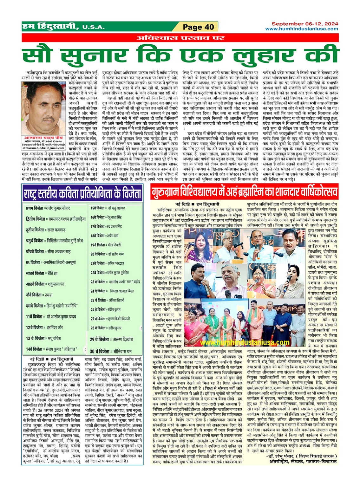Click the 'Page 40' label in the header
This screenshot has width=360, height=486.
click(199, 27)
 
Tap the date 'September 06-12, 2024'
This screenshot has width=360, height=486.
click(304, 24)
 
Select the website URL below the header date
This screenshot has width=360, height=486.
click(302, 29)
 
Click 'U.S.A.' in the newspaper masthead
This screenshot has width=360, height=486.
click(93, 27)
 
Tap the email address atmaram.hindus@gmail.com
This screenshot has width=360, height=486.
click(43, 148)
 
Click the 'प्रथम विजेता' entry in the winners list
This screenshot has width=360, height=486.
click(48, 208)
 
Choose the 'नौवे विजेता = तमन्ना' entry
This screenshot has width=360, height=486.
click(39, 295)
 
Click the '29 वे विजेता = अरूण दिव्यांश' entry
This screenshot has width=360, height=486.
click(111, 339)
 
